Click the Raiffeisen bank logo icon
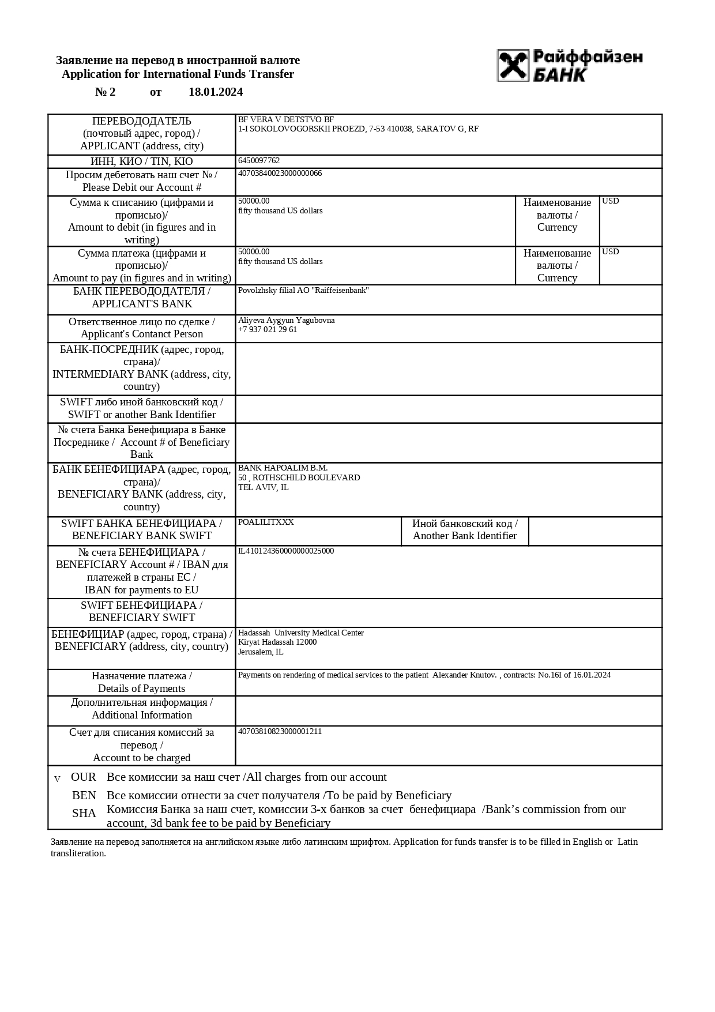513,65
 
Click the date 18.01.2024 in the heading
216,92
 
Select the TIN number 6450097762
259,161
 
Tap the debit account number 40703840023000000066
280,174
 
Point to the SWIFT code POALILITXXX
266,522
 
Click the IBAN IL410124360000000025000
286,551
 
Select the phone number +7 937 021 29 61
268,330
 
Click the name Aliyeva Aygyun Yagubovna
286,321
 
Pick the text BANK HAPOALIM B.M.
283,468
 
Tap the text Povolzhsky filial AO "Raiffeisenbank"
303,291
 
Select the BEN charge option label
84,796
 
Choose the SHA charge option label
84,814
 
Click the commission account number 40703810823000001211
280,732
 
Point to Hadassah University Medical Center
301,633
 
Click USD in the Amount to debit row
611,201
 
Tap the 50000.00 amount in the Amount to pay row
254,252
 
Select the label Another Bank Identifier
465,536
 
